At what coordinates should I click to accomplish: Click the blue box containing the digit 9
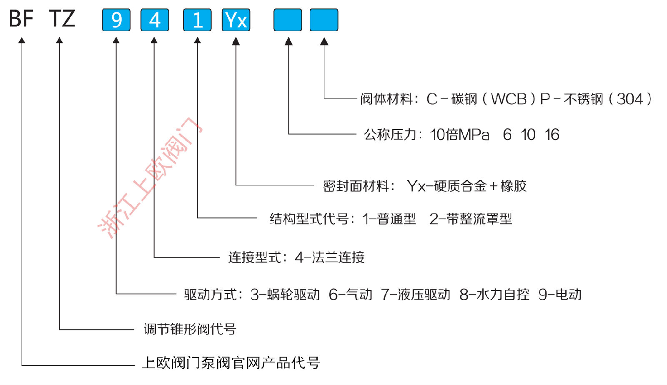click(116, 20)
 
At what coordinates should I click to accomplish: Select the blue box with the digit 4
click(155, 20)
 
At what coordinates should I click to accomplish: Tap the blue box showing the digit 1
click(197, 20)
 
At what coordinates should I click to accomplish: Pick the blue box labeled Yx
click(236, 20)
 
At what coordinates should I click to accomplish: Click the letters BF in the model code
click(21, 18)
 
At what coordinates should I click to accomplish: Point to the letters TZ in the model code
click(62, 18)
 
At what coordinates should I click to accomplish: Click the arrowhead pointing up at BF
click(22, 40)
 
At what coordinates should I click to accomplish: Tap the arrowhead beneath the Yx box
click(236, 41)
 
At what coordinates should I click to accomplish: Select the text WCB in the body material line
click(509, 99)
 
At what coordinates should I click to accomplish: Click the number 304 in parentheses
click(630, 99)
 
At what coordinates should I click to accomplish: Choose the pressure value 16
click(552, 135)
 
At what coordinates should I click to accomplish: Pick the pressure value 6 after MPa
click(507, 135)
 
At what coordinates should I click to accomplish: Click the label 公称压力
click(390, 134)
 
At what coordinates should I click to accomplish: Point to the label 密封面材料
click(356, 186)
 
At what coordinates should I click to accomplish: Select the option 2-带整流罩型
click(471, 219)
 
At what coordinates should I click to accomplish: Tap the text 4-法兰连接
click(330, 257)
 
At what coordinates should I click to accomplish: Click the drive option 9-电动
click(560, 295)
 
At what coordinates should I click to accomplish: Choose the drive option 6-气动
click(351, 295)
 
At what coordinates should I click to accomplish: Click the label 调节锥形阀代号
click(190, 329)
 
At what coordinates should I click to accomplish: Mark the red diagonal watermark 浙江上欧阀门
click(150, 178)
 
